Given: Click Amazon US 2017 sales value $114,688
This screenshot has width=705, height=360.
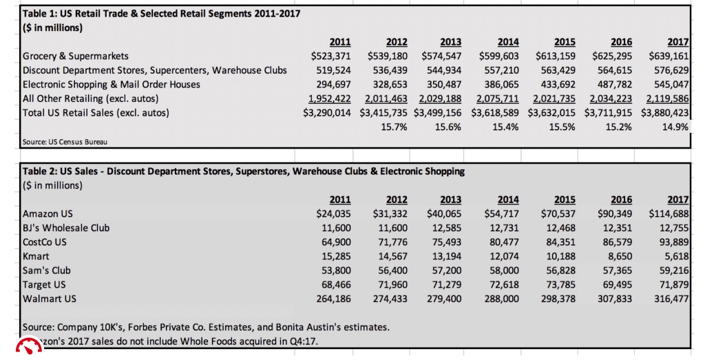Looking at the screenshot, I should [669, 213].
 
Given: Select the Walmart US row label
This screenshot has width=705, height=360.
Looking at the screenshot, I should [50, 299].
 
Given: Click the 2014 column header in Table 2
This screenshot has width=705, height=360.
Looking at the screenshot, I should [507, 200].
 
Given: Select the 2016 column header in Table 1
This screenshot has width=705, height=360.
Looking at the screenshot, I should [622, 42].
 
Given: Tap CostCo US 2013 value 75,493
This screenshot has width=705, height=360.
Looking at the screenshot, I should [446, 242].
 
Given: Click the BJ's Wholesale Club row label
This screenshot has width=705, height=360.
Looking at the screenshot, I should [66, 228].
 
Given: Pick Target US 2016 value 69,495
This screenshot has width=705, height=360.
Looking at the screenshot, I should [615, 284].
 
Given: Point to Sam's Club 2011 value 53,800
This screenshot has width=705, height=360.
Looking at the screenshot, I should [334, 271].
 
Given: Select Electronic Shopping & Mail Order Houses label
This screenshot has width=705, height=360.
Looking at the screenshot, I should [112, 84].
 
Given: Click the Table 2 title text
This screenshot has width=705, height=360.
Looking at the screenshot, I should [244, 171].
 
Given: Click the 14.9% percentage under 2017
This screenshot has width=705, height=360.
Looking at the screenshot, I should [676, 127].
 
